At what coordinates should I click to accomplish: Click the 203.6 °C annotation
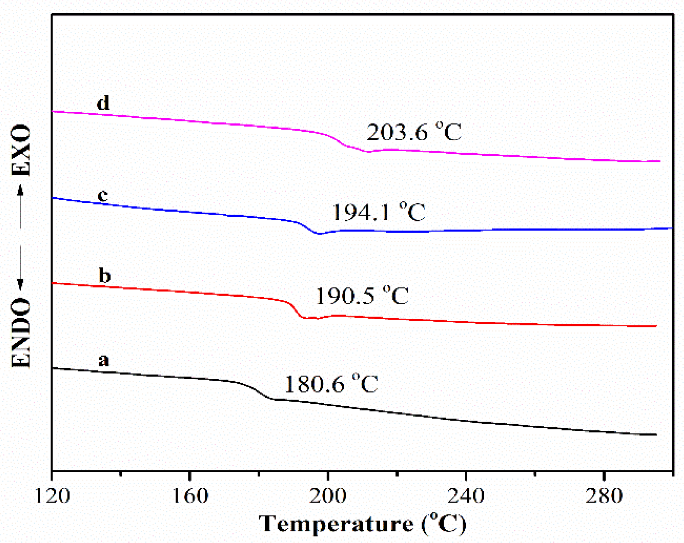click(414, 132)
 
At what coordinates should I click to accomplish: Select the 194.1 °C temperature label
click(379, 212)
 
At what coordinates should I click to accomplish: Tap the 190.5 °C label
click(362, 296)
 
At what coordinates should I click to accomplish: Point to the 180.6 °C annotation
click(331, 384)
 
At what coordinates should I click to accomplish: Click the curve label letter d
click(103, 103)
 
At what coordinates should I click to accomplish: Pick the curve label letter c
click(102, 195)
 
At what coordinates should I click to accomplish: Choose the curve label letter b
click(105, 276)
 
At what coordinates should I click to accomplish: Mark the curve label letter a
click(103, 360)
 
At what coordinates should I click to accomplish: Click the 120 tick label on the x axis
click(52, 495)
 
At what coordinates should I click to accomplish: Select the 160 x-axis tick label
click(189, 495)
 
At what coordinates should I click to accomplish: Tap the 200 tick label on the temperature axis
click(328, 495)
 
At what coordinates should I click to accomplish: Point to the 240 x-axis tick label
click(466, 495)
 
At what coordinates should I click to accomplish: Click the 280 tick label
click(604, 495)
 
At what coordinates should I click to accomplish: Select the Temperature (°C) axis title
click(362, 524)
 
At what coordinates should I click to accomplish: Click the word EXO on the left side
click(21, 150)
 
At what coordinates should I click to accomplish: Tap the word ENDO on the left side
click(21, 333)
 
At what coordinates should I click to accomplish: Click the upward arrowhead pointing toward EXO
click(20, 190)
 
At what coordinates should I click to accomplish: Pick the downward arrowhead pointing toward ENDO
click(20, 284)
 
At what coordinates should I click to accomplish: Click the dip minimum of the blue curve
click(319, 233)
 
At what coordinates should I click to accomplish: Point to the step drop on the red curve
click(295, 309)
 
